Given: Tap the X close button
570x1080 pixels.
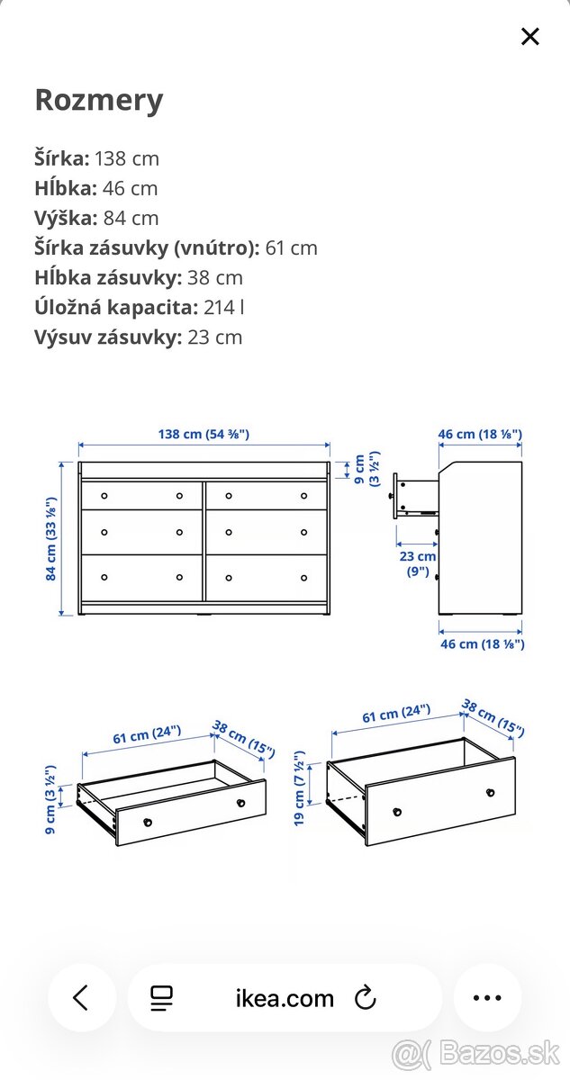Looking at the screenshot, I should pyautogui.click(x=530, y=37).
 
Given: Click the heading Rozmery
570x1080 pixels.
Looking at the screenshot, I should pyautogui.click(x=99, y=100).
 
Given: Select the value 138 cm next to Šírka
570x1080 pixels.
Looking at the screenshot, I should pyautogui.click(x=127, y=158).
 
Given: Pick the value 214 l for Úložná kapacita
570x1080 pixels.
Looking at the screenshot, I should pyautogui.click(x=224, y=307).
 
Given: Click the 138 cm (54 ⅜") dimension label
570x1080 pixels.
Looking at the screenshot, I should pyautogui.click(x=204, y=434).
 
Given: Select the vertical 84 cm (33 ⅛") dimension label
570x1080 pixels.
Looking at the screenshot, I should pyautogui.click(x=52, y=538).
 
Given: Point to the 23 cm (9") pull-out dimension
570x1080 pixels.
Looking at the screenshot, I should pyautogui.click(x=418, y=563).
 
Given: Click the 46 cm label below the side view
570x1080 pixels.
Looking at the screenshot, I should pyautogui.click(x=481, y=643).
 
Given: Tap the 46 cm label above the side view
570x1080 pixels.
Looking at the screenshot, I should pyautogui.click(x=480, y=434).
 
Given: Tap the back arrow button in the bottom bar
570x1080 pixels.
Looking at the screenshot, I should pyautogui.click(x=82, y=997).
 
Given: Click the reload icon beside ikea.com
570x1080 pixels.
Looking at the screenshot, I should pyautogui.click(x=365, y=997).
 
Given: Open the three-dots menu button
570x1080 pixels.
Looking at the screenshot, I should pyautogui.click(x=487, y=997).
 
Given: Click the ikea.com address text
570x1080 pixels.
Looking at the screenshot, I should pyautogui.click(x=285, y=998).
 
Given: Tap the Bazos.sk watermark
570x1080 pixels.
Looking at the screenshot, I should pyautogui.click(x=477, y=1051).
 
